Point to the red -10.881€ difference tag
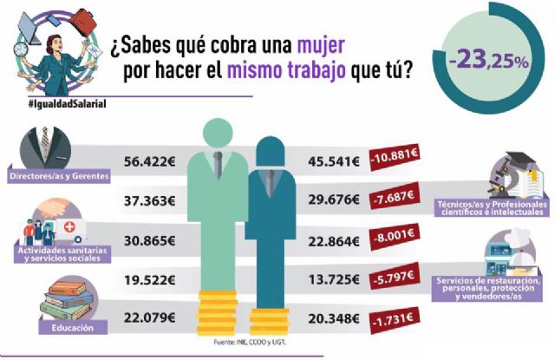(395, 160)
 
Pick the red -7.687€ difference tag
(395, 200)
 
